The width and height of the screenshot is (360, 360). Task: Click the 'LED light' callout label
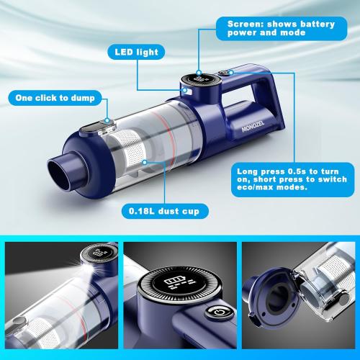[136, 52]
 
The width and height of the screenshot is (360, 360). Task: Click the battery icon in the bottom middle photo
[175, 282]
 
